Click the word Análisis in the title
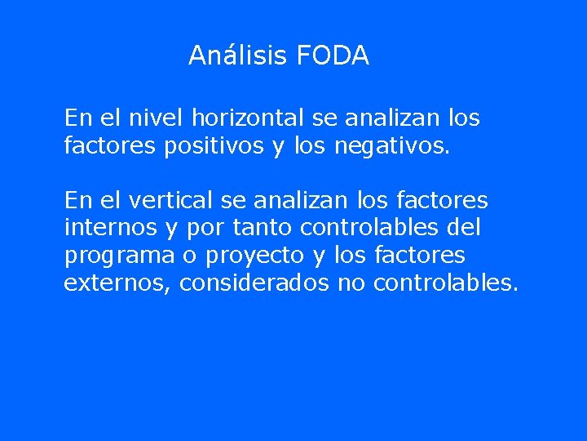(x=236, y=56)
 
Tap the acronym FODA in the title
(x=333, y=56)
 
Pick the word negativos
(x=391, y=148)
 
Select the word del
(x=465, y=228)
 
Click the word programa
(x=119, y=256)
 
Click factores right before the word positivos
(x=111, y=148)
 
